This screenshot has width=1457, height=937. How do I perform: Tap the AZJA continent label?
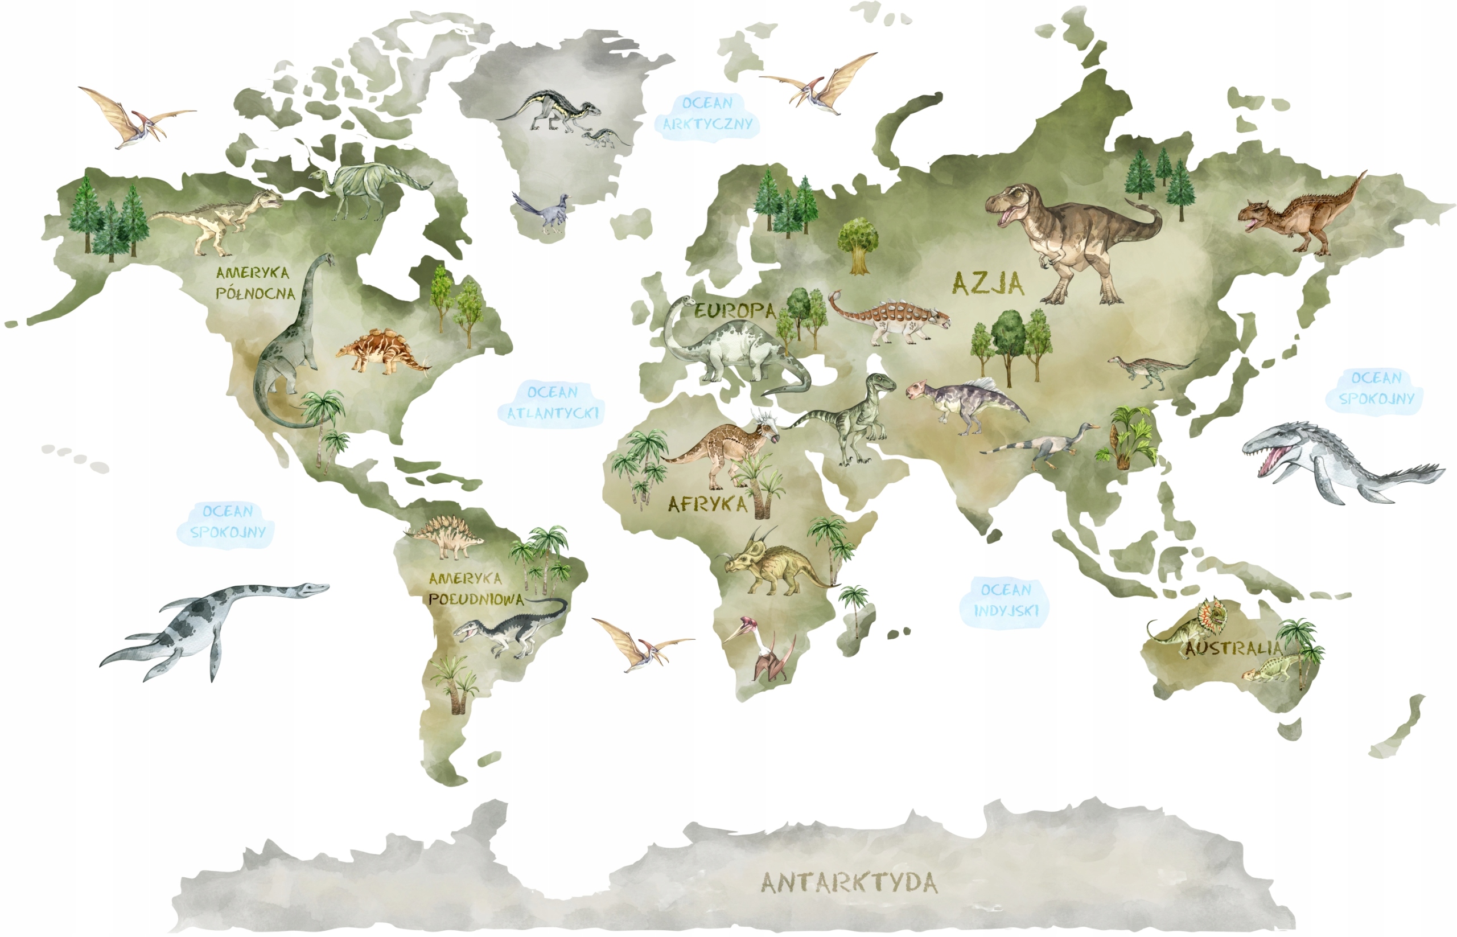click(x=987, y=283)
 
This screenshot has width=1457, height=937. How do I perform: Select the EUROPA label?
click(x=735, y=311)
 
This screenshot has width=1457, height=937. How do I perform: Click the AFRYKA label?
click(x=707, y=504)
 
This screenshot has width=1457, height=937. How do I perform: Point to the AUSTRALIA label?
click(x=1233, y=648)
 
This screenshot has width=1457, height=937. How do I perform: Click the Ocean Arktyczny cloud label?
click(x=707, y=114)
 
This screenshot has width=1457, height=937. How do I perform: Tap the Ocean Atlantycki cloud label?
click(x=553, y=403)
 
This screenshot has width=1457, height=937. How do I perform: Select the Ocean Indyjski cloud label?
click(x=1006, y=601)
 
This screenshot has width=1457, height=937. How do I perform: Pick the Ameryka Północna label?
click(x=254, y=283)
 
